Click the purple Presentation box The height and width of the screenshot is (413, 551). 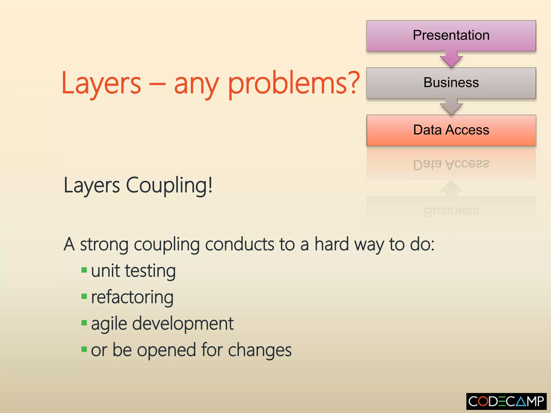click(451, 35)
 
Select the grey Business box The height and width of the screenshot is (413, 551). click(451, 83)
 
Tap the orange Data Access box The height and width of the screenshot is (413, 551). click(451, 130)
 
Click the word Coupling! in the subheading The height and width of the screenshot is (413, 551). click(169, 186)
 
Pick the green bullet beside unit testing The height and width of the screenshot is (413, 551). click(84, 270)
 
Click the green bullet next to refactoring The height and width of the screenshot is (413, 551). click(84, 296)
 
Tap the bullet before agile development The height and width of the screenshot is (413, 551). click(84, 322)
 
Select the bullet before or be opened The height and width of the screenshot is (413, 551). click(84, 349)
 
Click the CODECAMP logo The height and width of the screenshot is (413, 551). click(506, 401)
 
